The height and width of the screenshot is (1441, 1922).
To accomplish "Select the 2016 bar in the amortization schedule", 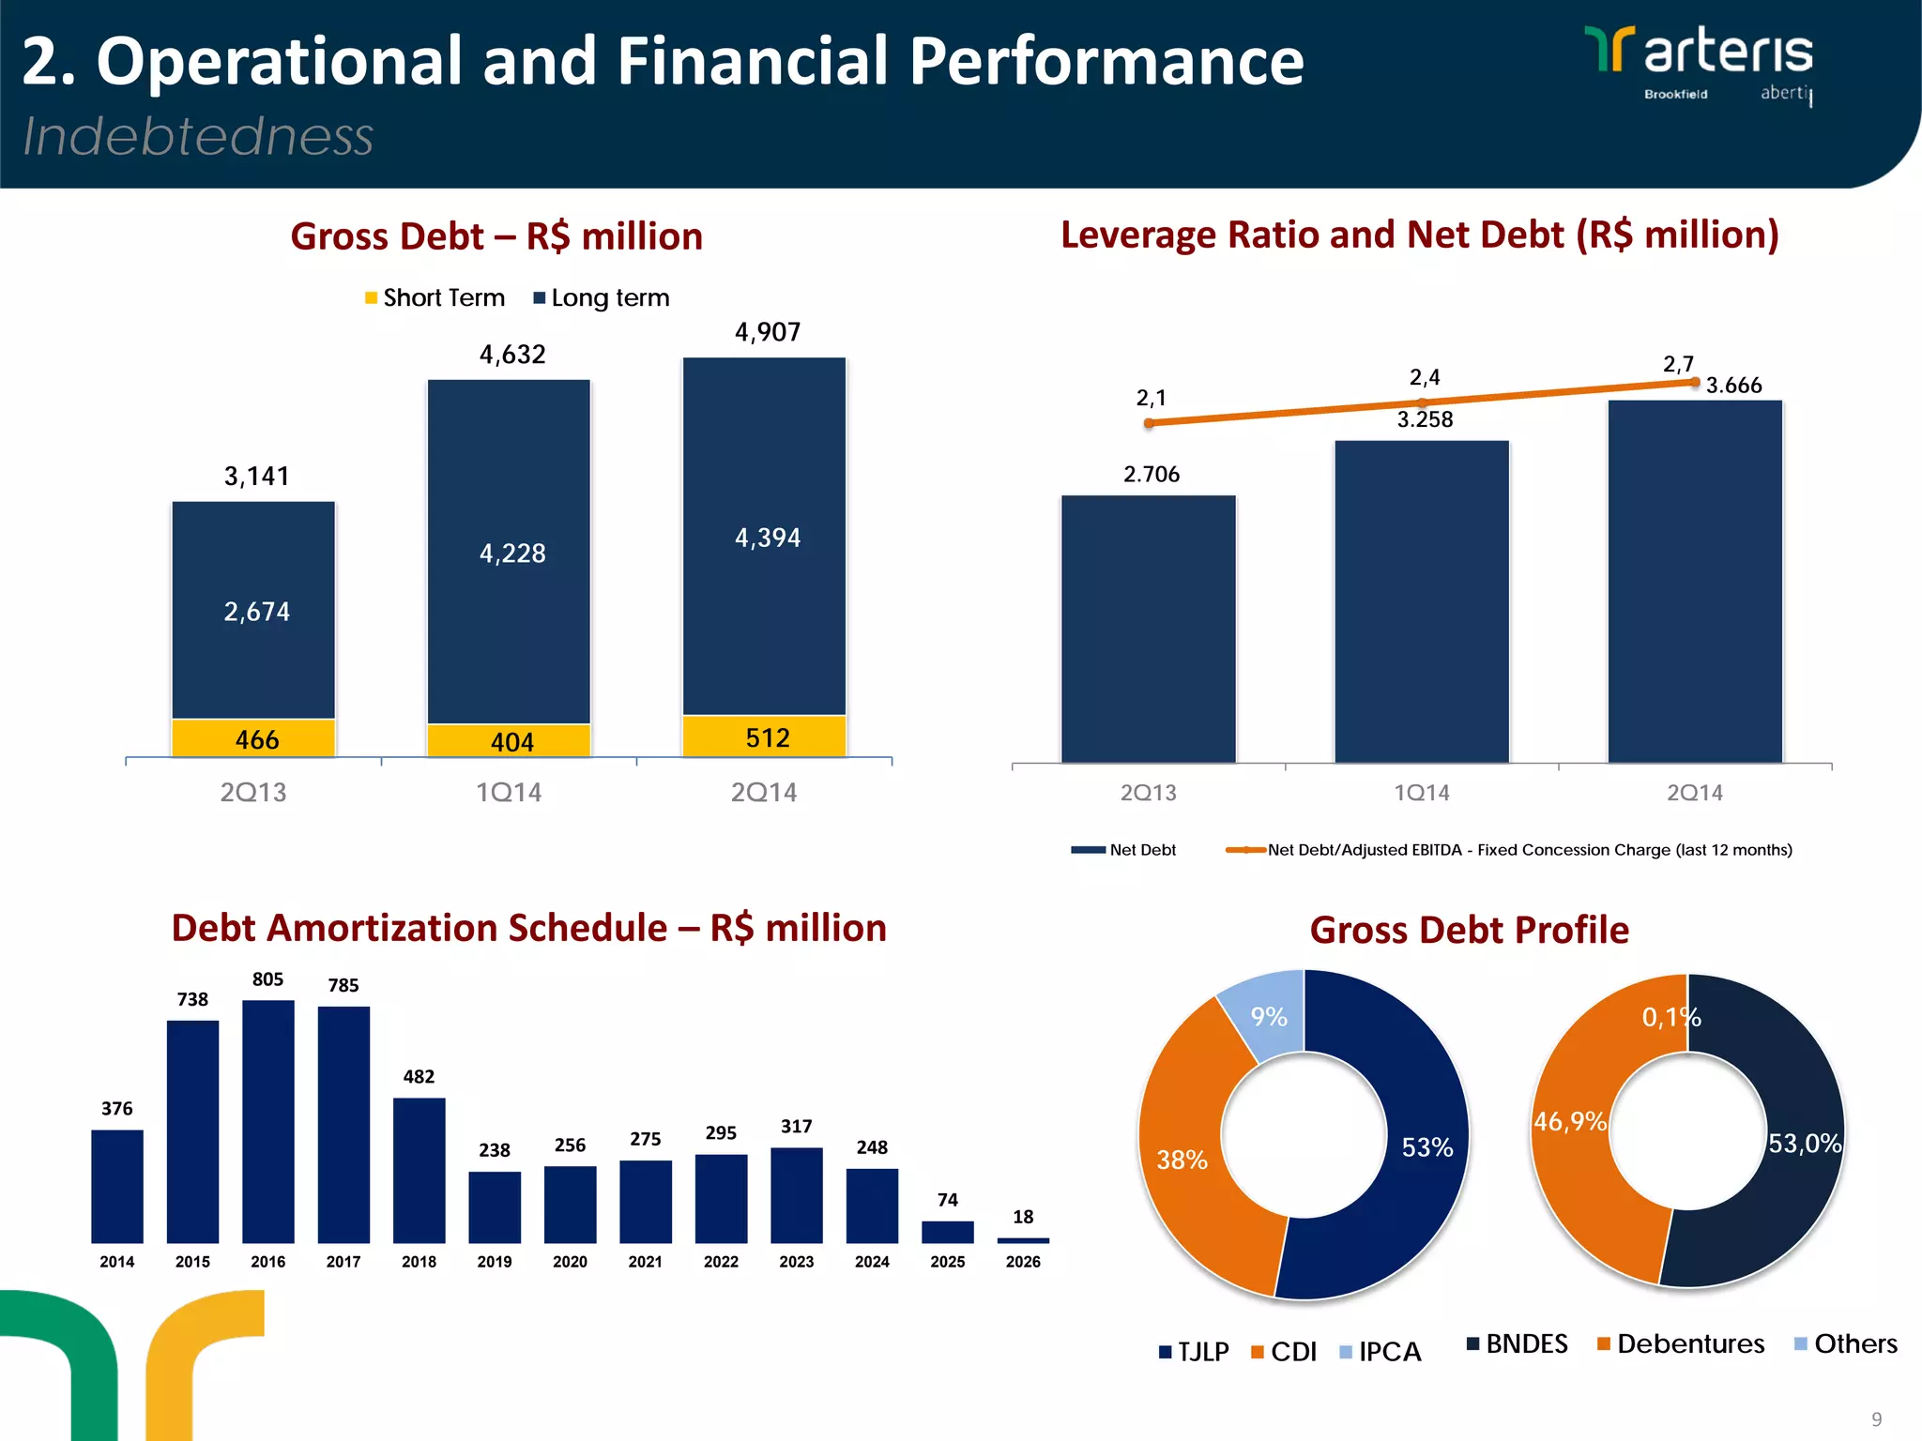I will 267,1121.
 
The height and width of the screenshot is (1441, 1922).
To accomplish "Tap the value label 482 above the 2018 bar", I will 419,1076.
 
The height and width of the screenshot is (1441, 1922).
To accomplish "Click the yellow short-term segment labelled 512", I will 764,737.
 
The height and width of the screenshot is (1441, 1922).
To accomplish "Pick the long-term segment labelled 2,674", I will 253,610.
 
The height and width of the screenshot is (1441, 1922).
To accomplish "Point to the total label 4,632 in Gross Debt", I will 511,355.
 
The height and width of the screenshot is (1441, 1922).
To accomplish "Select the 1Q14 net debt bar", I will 1421,600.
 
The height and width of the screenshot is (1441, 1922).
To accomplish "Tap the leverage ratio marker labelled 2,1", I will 1149,423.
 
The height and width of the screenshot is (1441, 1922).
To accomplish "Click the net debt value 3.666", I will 1732,386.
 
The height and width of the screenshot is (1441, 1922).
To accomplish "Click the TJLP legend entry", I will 1194,1352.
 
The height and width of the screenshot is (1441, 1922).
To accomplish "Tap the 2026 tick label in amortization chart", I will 1022,1262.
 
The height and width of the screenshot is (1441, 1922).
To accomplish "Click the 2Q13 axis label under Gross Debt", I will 253,793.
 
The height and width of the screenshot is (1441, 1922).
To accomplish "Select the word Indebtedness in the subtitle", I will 198,137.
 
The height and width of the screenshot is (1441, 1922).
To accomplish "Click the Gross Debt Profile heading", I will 1469,930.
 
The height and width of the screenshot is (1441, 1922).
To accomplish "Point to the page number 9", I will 1876,1419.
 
